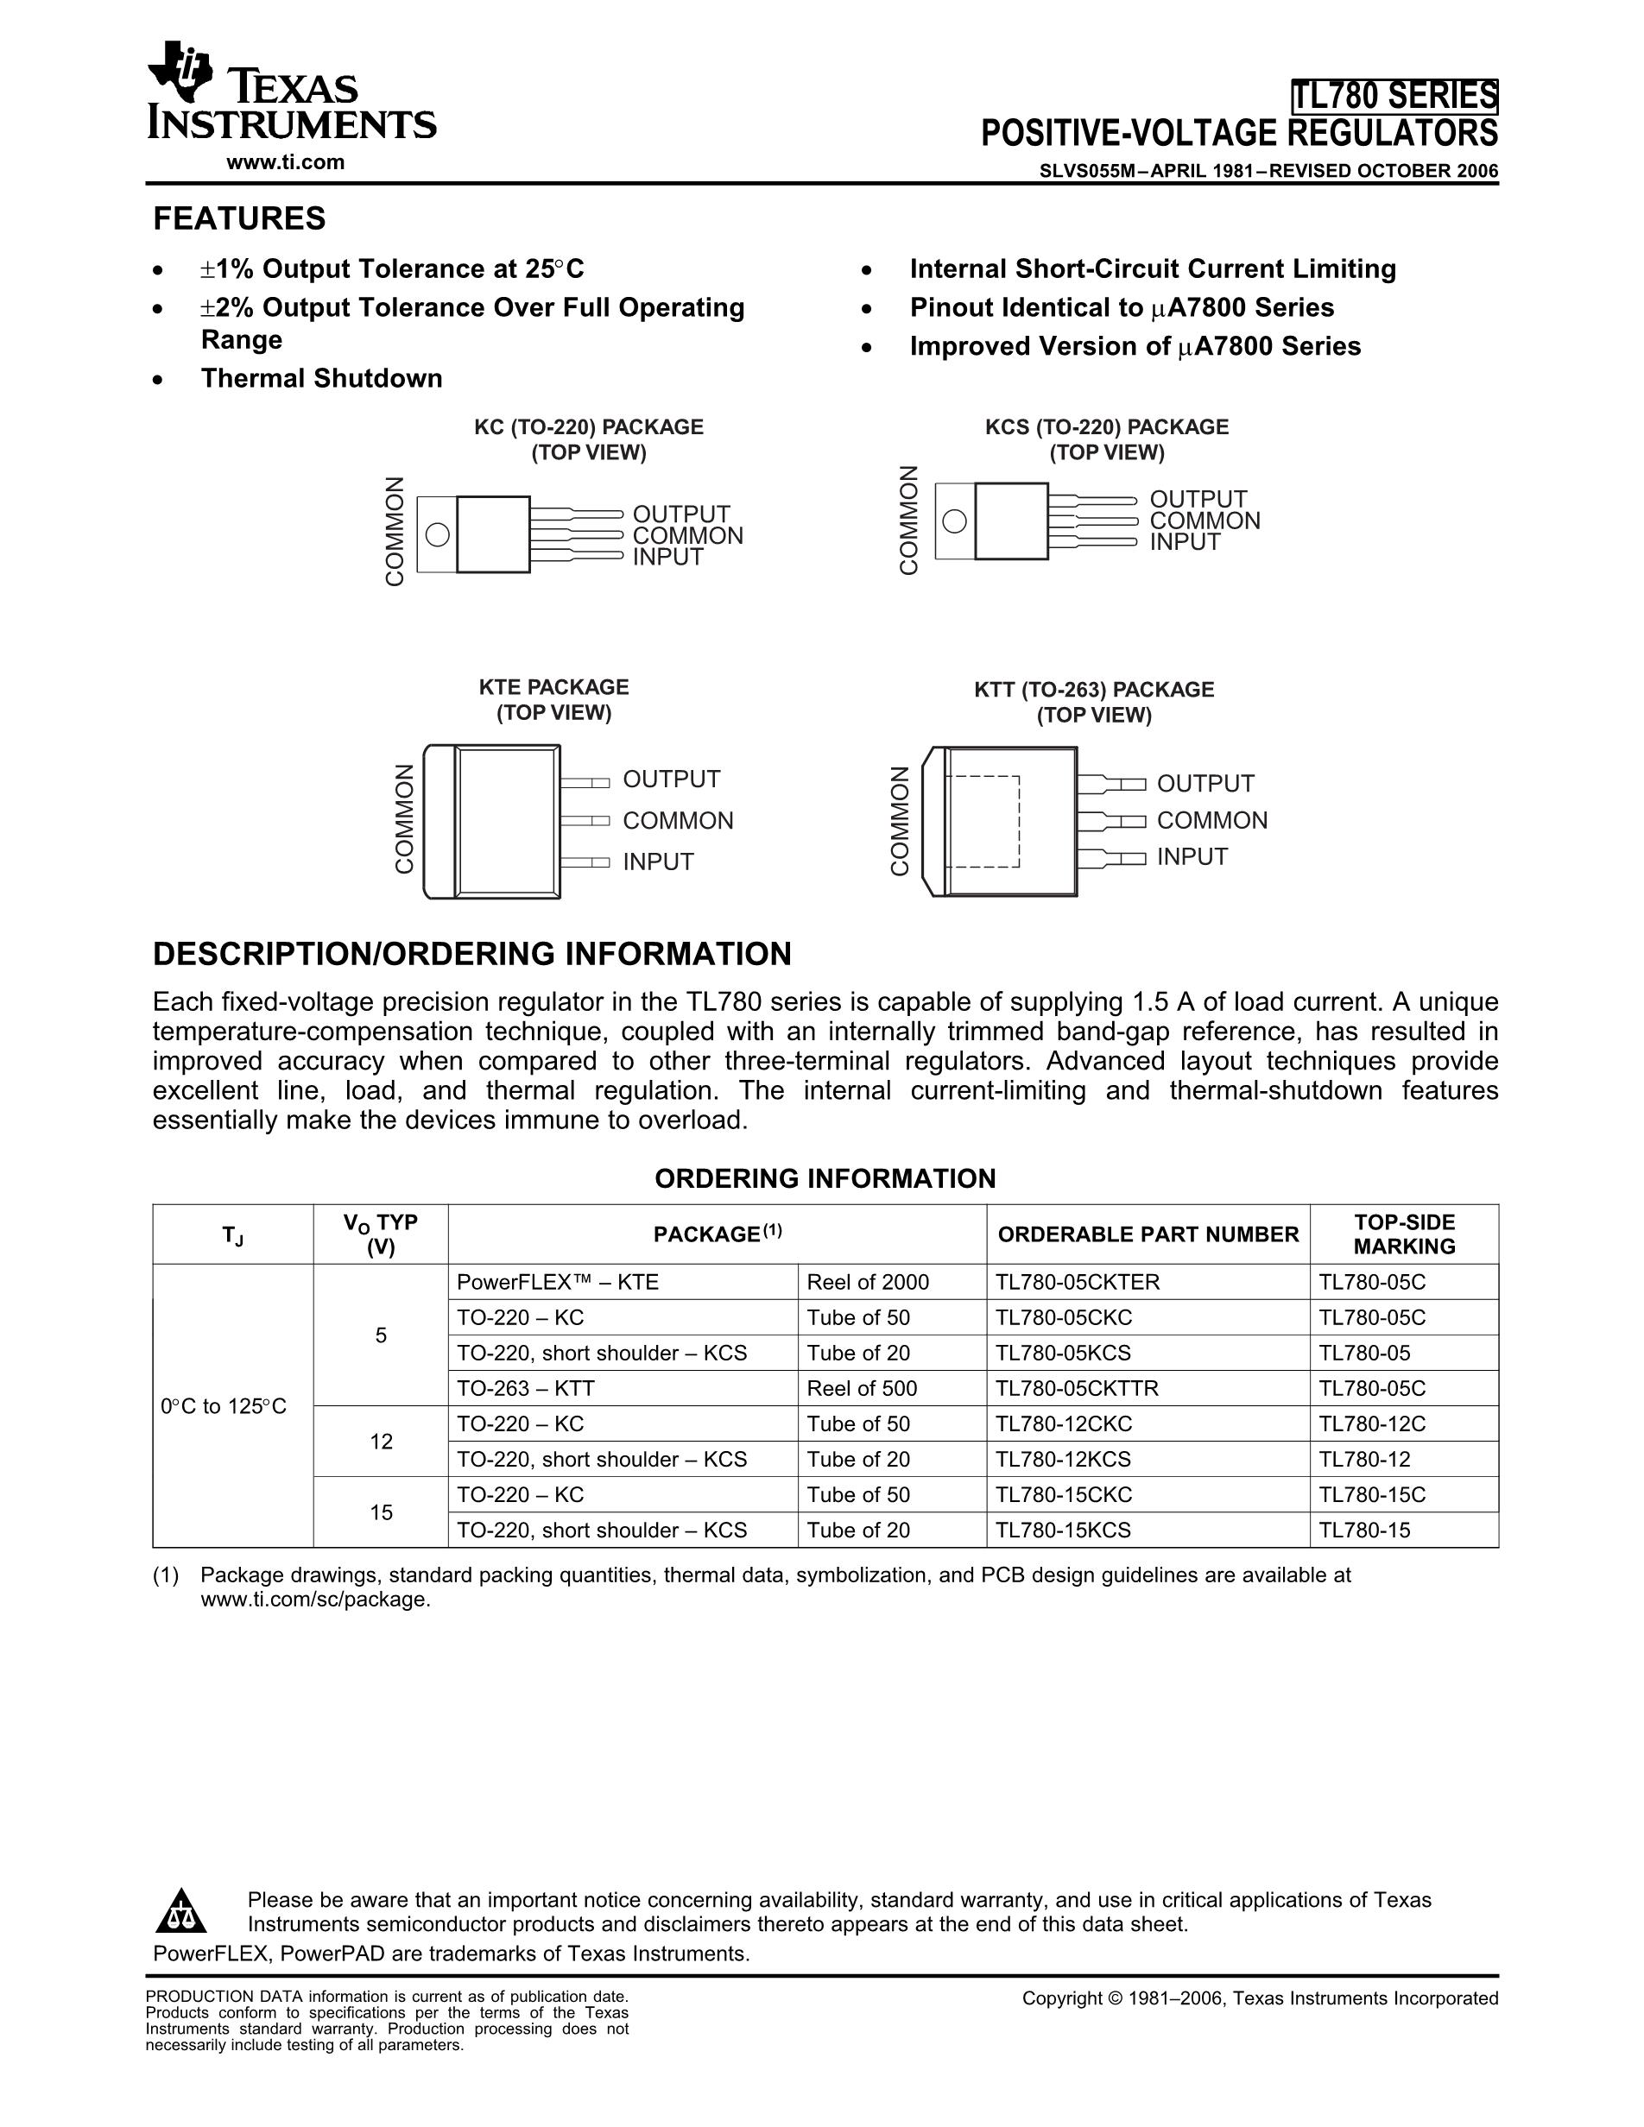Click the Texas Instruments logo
coord(290,92)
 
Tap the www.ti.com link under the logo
coord(285,162)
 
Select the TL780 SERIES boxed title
coord(1394,97)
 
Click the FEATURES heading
coord(239,219)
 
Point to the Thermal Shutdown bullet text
coord(321,379)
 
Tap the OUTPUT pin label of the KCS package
coord(1198,500)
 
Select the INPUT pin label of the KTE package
coord(659,862)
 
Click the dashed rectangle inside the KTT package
coord(985,821)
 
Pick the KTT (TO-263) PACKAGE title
coord(1094,690)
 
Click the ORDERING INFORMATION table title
coord(825,1178)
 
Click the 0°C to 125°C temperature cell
coord(224,1406)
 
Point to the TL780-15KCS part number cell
coord(1064,1530)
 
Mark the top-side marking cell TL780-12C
coord(1372,1423)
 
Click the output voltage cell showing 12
coord(381,1442)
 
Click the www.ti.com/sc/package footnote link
coord(314,1600)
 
